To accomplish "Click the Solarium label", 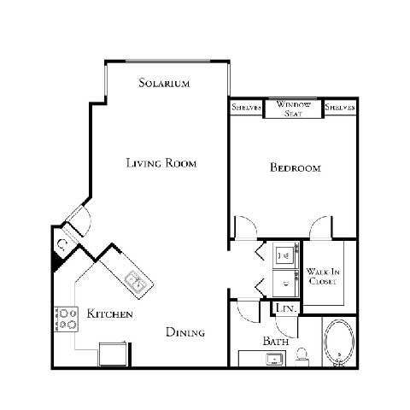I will coord(163,84).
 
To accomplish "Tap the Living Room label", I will coord(161,162).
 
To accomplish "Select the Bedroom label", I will coord(295,168).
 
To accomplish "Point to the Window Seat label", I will coord(293,108).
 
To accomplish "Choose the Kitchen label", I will coord(110,315).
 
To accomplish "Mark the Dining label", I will coord(185,332).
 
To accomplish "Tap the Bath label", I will coord(275,342).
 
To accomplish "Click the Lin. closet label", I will coord(284,309).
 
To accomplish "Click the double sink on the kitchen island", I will coord(135,278).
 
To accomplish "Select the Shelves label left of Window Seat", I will coord(247,108).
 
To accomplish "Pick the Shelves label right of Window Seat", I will coord(339,108).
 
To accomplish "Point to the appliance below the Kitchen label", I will coord(114,351).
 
